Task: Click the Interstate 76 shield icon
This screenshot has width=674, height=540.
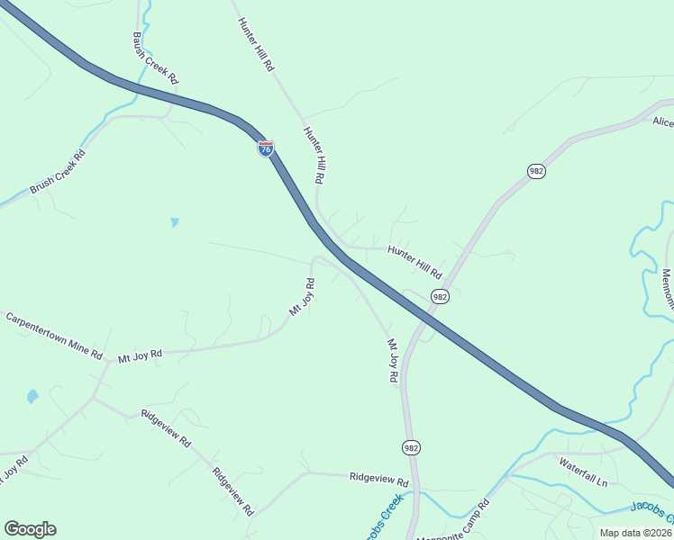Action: pos(266,148)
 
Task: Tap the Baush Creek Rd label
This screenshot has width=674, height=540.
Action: pos(155,58)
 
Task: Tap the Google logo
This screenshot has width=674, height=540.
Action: pos(30,529)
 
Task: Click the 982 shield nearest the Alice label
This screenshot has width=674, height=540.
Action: pos(536,171)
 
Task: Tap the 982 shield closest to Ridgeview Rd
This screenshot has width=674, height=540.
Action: pos(411,447)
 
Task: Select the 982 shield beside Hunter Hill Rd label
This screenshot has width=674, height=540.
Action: pos(440,297)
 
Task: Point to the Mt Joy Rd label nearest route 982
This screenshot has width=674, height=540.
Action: pos(392,361)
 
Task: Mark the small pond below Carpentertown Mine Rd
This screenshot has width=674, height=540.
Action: pos(33,395)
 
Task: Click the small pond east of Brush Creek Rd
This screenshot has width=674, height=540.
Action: pos(174,221)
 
